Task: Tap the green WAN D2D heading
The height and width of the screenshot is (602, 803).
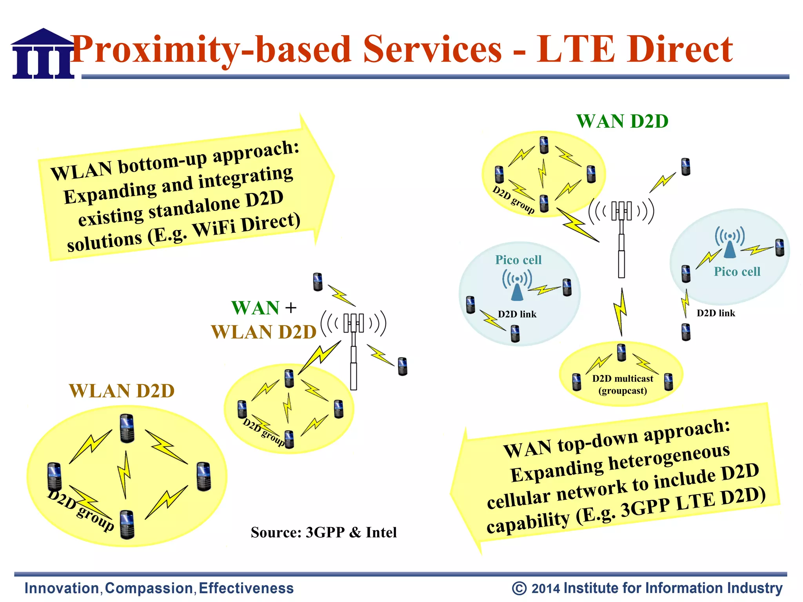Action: [622, 121]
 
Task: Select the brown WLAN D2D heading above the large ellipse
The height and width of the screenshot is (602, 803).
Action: [122, 391]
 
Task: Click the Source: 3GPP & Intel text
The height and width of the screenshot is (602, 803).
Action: [324, 532]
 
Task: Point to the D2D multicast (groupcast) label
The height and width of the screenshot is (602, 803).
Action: [623, 384]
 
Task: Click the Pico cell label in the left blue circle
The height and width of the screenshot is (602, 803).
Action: [518, 260]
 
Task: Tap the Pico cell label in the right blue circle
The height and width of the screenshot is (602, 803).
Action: [737, 272]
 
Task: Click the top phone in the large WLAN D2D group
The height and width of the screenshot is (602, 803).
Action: [127, 428]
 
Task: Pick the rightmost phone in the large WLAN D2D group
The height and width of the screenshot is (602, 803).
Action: [203, 476]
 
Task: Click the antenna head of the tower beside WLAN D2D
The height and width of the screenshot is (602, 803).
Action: [354, 323]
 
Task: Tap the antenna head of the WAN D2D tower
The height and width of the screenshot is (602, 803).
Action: [621, 211]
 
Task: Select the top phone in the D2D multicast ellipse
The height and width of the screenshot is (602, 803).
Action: [621, 352]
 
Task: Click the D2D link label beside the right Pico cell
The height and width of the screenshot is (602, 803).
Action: [716, 313]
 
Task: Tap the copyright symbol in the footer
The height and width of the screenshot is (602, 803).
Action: [519, 588]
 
